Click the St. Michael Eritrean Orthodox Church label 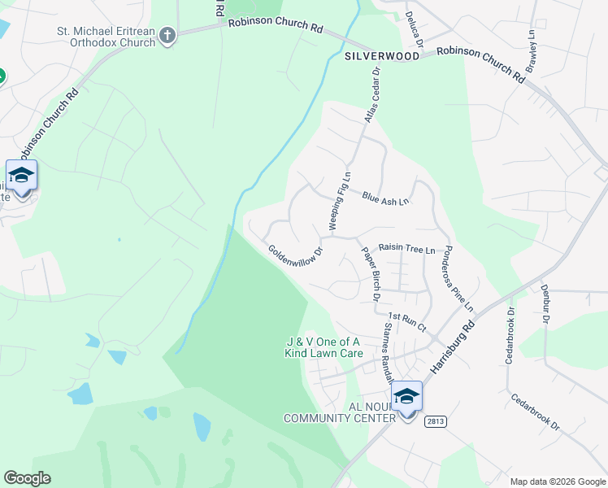pyautogui.click(x=106, y=37)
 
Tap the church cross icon pyautogui.click(x=168, y=36)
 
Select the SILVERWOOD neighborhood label pyautogui.click(x=382, y=56)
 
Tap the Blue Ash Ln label pyautogui.click(x=385, y=198)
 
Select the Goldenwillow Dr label pyautogui.click(x=295, y=261)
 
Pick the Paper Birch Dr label pyautogui.click(x=371, y=273)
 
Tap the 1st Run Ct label pyautogui.click(x=406, y=321)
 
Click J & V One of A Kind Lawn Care pyautogui.click(x=324, y=347)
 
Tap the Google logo pyautogui.click(x=27, y=477)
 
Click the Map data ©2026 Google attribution pyautogui.click(x=556, y=481)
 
